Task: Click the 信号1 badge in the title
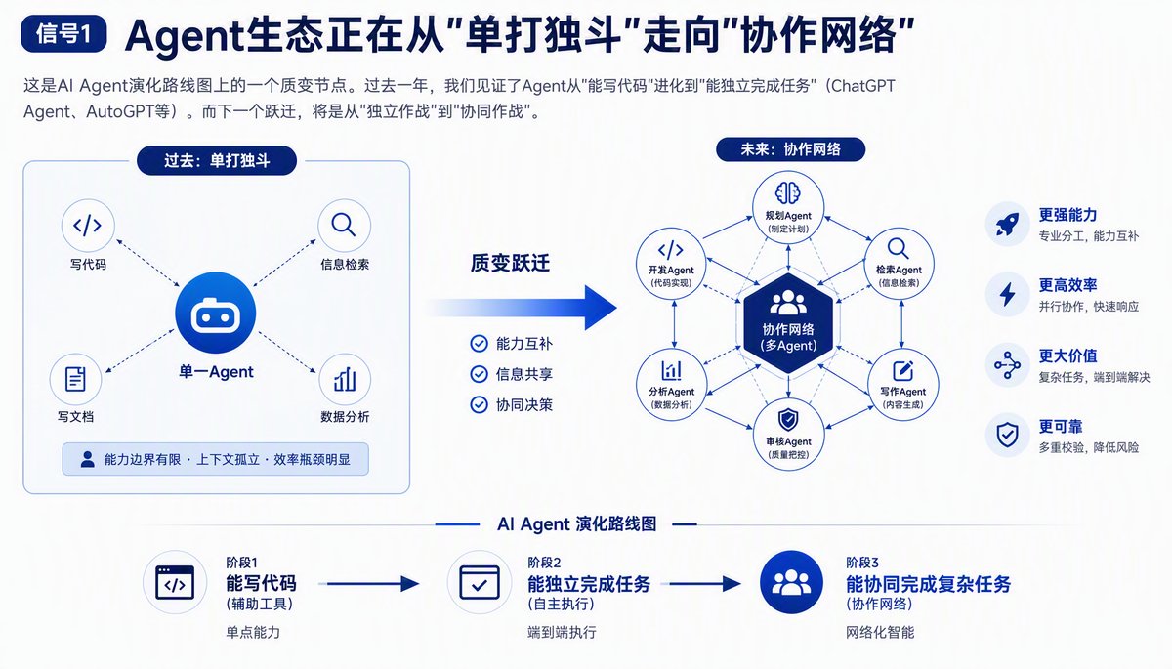(63, 34)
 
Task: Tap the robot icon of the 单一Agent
(216, 314)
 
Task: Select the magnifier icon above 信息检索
(344, 226)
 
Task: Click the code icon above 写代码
(88, 226)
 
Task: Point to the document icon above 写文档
(75, 379)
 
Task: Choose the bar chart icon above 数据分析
(345, 379)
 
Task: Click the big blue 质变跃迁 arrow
(523, 308)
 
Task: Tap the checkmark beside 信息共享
(479, 374)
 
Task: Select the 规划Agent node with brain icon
(788, 207)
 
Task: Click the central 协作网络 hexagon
(788, 323)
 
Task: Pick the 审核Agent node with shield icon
(788, 435)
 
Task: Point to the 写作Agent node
(902, 385)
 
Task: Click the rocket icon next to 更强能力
(1007, 224)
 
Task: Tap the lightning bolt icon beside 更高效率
(1007, 294)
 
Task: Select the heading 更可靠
(1060, 426)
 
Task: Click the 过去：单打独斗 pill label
(217, 160)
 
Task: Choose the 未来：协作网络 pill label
(790, 149)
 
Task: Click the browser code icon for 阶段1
(175, 582)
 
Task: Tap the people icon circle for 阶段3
(791, 582)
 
